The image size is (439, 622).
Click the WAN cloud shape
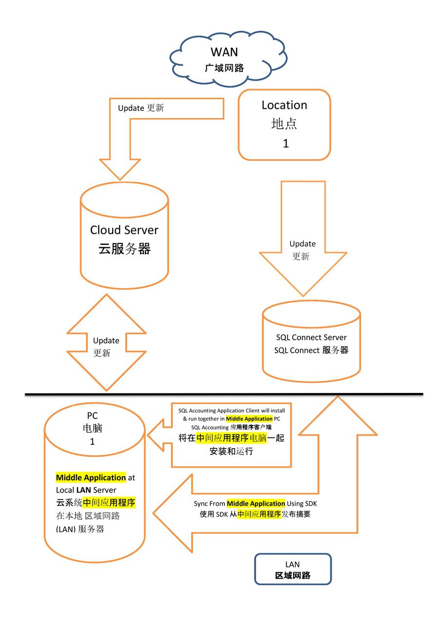pos(228,59)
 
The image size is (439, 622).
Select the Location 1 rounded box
pos(284,124)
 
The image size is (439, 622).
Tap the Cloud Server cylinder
pos(124,239)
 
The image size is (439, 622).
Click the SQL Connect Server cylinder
pos(311,342)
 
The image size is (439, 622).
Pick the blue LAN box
pos(293,569)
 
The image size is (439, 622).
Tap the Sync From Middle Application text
pos(256,503)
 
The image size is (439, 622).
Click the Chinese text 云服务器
pos(124,249)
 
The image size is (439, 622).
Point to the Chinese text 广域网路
pos(224,68)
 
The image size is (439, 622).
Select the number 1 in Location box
pos(286,144)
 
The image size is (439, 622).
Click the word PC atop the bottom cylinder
pos(92,416)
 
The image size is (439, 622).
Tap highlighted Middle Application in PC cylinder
pos(91,477)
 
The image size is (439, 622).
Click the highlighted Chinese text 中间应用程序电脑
pos(231,438)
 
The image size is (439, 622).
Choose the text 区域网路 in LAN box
pos(293,575)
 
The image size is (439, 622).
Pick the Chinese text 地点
pos(284,124)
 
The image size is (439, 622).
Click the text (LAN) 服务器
pos(80,529)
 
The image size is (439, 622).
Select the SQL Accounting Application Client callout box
pos(231,435)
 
